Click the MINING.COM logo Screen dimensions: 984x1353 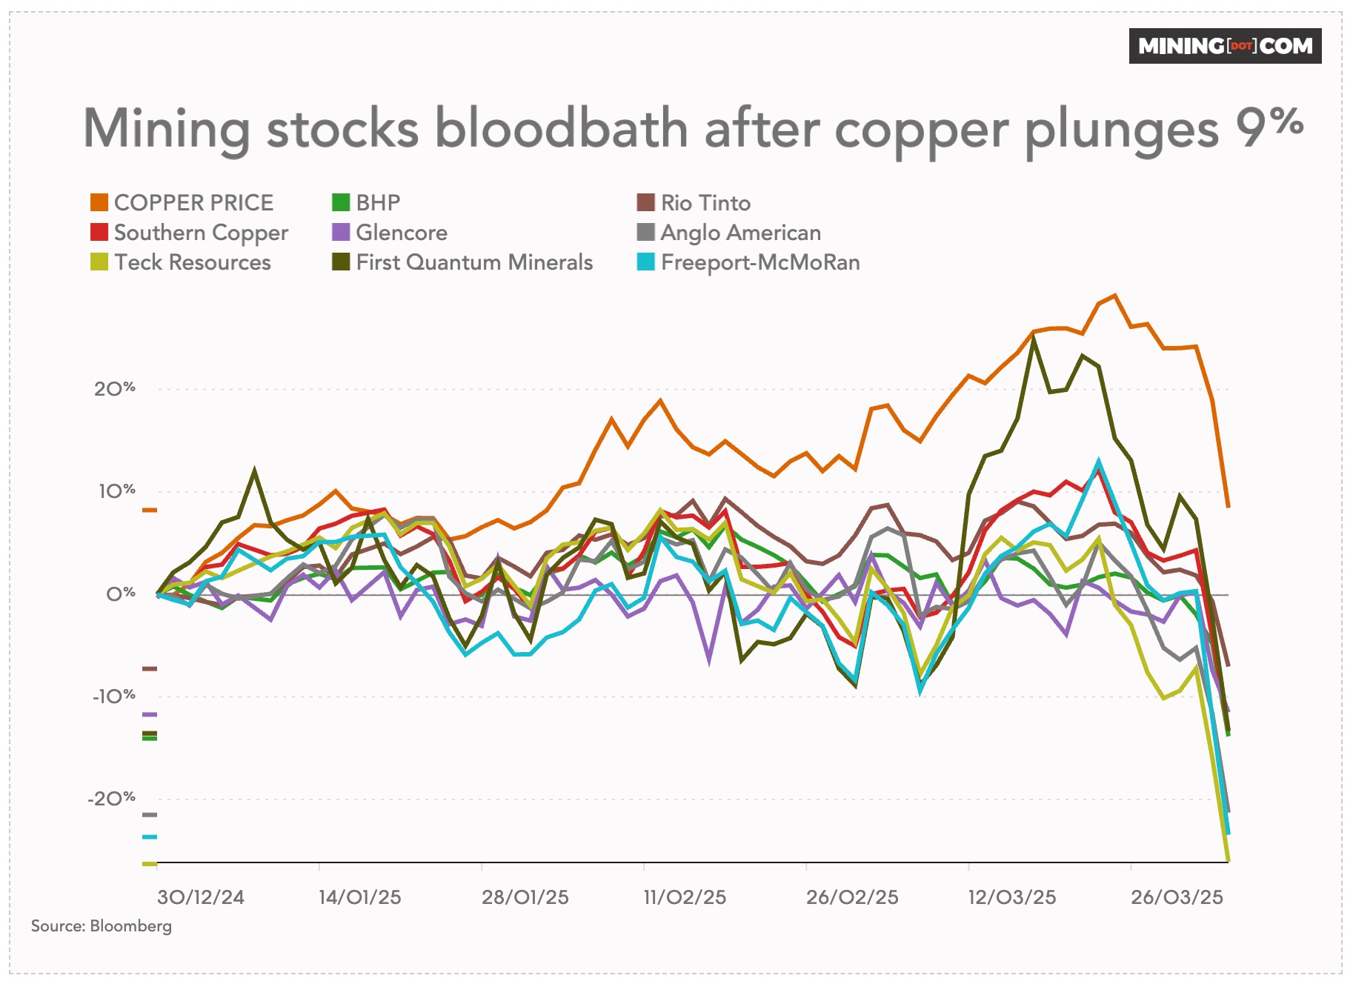pyautogui.click(x=1224, y=46)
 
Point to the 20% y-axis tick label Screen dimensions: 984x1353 pyautogui.click(x=115, y=388)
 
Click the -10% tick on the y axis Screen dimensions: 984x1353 pyautogui.click(x=113, y=696)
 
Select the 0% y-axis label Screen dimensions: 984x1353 pyautogui.click(x=120, y=594)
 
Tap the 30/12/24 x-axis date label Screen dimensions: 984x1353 pyautogui.click(x=200, y=897)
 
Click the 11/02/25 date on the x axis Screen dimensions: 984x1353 pyautogui.click(x=685, y=897)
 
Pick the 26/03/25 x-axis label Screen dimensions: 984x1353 pyautogui.click(x=1177, y=897)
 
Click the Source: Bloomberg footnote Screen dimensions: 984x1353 pyautogui.click(x=102, y=926)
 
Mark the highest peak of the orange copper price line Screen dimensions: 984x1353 pyautogui.click(x=1115, y=296)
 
